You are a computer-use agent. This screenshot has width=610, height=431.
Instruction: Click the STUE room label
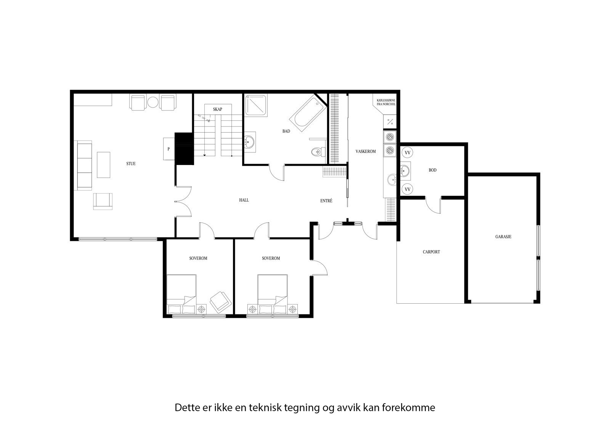131,164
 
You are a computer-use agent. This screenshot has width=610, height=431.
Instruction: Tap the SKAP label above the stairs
218,109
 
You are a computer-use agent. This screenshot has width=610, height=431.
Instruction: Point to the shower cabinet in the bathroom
256,104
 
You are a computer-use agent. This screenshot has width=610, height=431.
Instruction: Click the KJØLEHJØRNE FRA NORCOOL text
386,103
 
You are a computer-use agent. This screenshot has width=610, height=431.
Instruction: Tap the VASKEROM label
366,152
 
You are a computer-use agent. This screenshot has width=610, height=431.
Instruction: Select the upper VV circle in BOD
408,153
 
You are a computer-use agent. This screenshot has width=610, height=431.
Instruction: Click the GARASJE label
503,237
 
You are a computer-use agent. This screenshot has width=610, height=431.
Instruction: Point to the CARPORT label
431,252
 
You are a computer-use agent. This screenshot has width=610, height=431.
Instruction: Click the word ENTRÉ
326,201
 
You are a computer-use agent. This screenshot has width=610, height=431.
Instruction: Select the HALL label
244,200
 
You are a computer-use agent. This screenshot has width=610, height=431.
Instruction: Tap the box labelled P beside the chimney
169,149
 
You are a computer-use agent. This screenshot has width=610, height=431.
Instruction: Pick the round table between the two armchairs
153,102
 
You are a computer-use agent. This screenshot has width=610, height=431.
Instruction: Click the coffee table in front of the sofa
103,164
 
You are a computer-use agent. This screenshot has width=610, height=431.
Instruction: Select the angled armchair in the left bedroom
221,301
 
